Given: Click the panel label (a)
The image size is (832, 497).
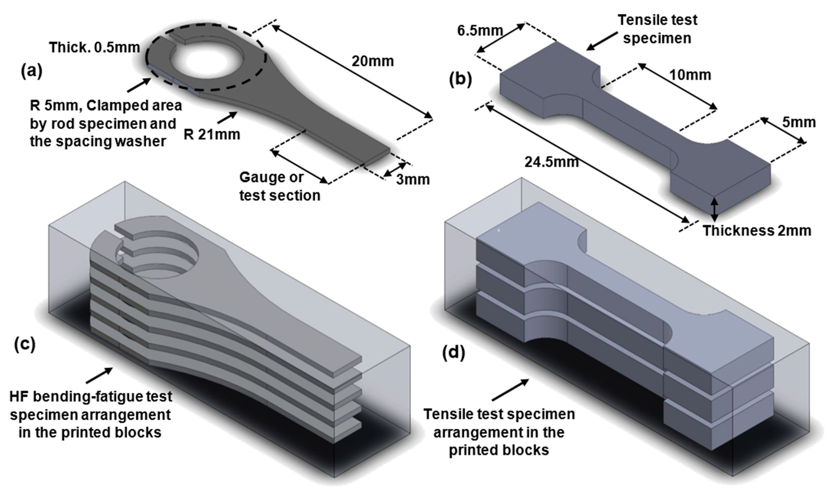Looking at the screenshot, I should click(32, 71).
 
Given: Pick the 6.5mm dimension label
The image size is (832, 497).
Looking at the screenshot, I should click(480, 31).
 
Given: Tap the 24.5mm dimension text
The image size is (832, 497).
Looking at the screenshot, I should click(552, 162).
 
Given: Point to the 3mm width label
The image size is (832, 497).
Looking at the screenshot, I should click(413, 180).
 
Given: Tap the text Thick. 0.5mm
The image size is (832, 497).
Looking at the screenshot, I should click(94, 47).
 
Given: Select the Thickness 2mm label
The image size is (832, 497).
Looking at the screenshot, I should click(757, 231).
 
